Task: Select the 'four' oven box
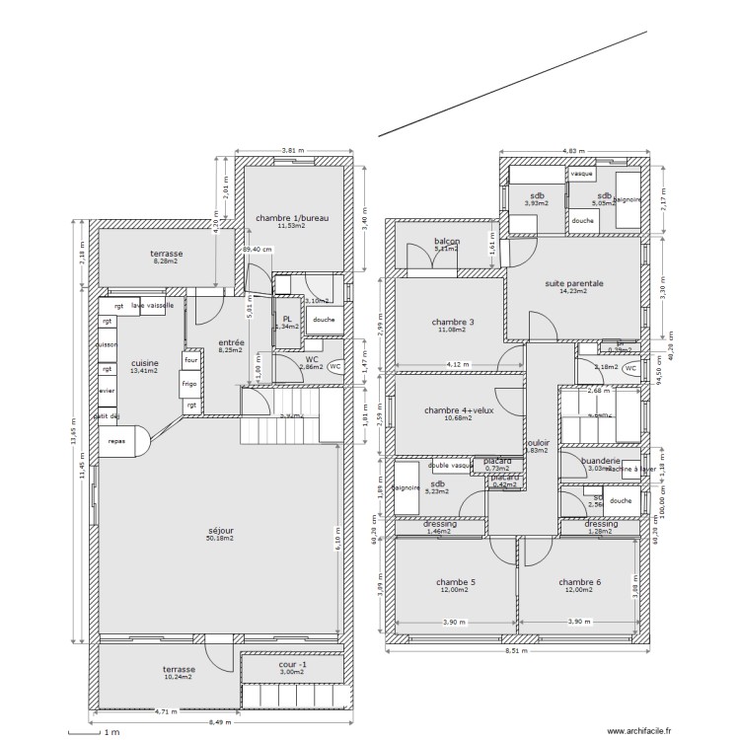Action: tap(189, 361)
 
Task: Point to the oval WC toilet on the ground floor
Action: tap(334, 366)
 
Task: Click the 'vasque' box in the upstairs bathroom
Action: tap(582, 174)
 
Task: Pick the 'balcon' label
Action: tap(448, 242)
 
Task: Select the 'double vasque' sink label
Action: tap(451, 465)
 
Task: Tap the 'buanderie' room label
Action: tap(600, 461)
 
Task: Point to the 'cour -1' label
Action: tap(293, 664)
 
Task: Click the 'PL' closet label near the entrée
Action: tap(286, 319)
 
